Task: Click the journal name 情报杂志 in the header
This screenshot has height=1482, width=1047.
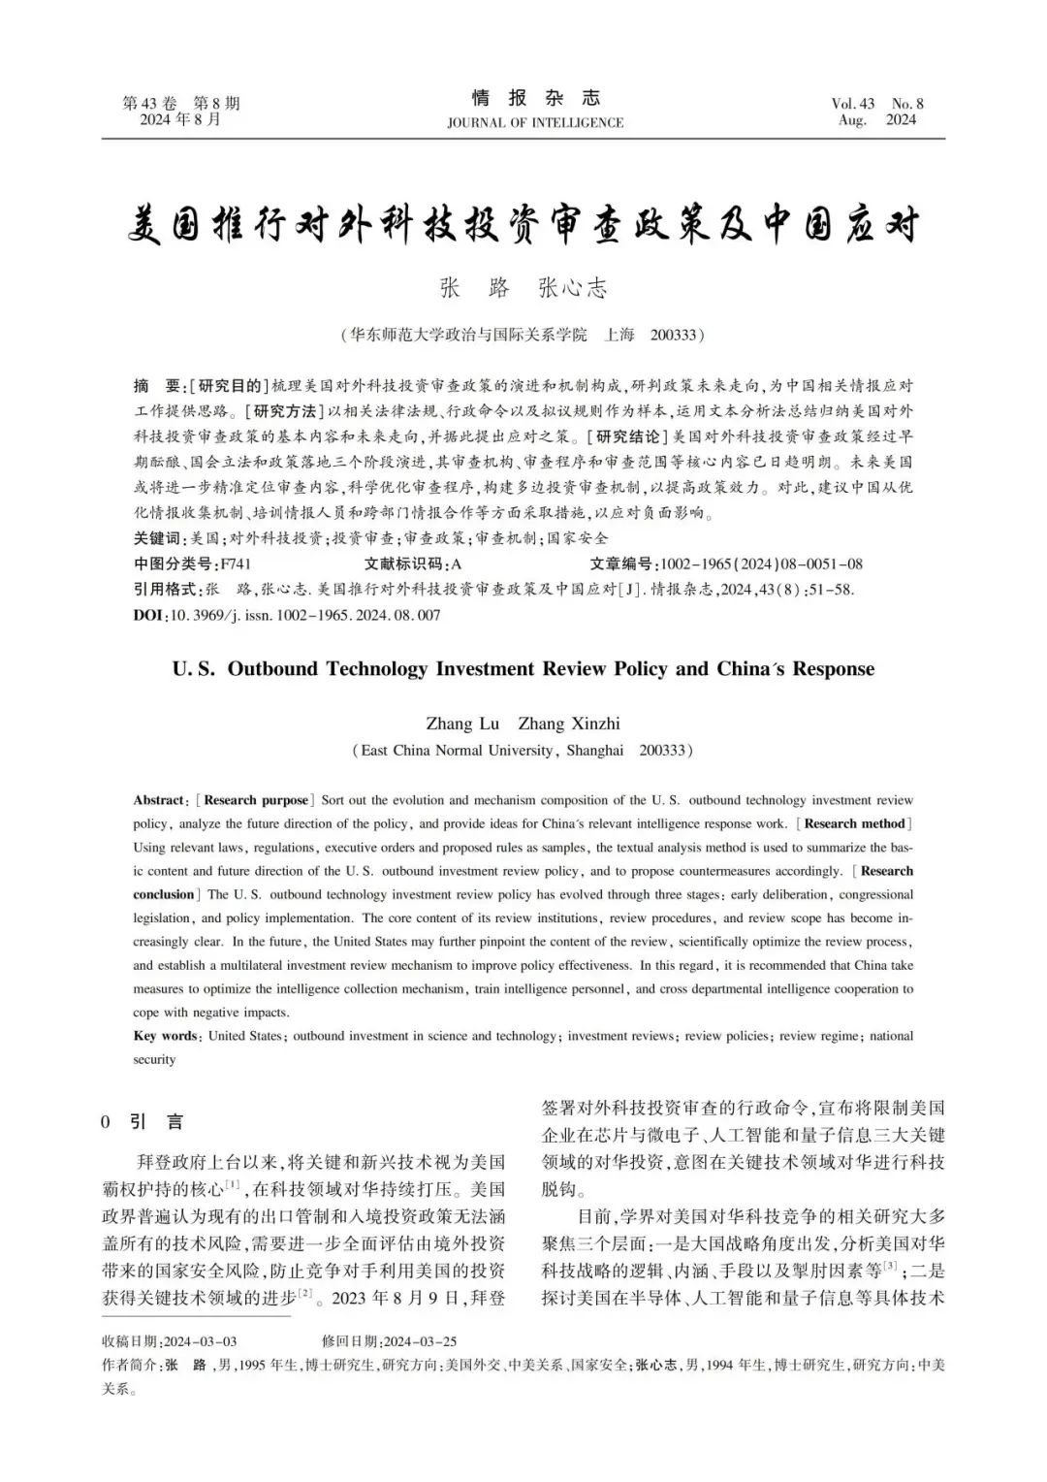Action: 535,98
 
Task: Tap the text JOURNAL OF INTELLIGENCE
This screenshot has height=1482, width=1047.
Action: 535,123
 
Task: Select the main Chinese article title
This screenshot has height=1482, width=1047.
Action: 523,226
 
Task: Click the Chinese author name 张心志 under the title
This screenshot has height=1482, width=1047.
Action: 572,288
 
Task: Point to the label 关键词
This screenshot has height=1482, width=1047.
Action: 157,538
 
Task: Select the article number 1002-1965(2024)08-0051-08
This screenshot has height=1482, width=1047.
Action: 761,564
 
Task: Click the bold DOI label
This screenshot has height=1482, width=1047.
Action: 148,615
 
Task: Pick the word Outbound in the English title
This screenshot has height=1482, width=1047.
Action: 278,669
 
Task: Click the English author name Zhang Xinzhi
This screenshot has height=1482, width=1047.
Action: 569,724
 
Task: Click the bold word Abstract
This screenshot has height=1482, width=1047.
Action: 159,800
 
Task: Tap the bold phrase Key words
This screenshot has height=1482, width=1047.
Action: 166,1036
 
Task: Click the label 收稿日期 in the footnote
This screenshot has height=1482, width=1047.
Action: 131,1341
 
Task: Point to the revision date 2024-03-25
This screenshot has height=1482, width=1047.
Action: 420,1341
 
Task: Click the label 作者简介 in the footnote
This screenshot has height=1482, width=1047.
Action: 131,1365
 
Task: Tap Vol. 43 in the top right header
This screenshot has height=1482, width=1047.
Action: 853,104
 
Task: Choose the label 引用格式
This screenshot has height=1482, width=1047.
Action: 165,589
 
